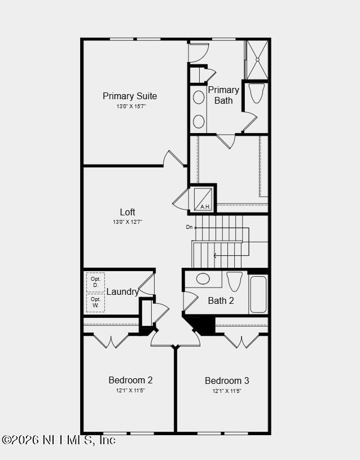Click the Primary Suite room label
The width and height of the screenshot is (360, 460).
(130, 96)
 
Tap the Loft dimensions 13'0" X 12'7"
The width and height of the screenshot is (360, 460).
(128, 222)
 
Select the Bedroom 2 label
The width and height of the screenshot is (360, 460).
(130, 380)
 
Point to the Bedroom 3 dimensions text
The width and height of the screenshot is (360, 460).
(227, 391)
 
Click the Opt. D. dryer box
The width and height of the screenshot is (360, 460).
(96, 282)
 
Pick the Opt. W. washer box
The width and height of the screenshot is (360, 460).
(96, 303)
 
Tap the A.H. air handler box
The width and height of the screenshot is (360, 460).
(203, 198)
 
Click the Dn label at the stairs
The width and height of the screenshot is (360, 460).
(190, 227)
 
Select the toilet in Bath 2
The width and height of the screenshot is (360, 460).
(234, 281)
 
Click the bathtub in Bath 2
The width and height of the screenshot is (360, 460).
(258, 294)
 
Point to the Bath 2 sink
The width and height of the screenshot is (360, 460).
(203, 278)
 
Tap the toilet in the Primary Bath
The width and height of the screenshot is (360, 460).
(257, 93)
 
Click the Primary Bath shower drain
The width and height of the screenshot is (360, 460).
(257, 60)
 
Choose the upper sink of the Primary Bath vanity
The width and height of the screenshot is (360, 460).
(199, 98)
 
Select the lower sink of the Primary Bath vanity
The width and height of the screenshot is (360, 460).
(199, 121)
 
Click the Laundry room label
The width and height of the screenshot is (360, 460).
(122, 291)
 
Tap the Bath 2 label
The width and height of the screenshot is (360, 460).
(221, 300)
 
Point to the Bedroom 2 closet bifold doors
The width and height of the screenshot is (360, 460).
(111, 341)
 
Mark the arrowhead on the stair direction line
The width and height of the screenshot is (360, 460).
(215, 255)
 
